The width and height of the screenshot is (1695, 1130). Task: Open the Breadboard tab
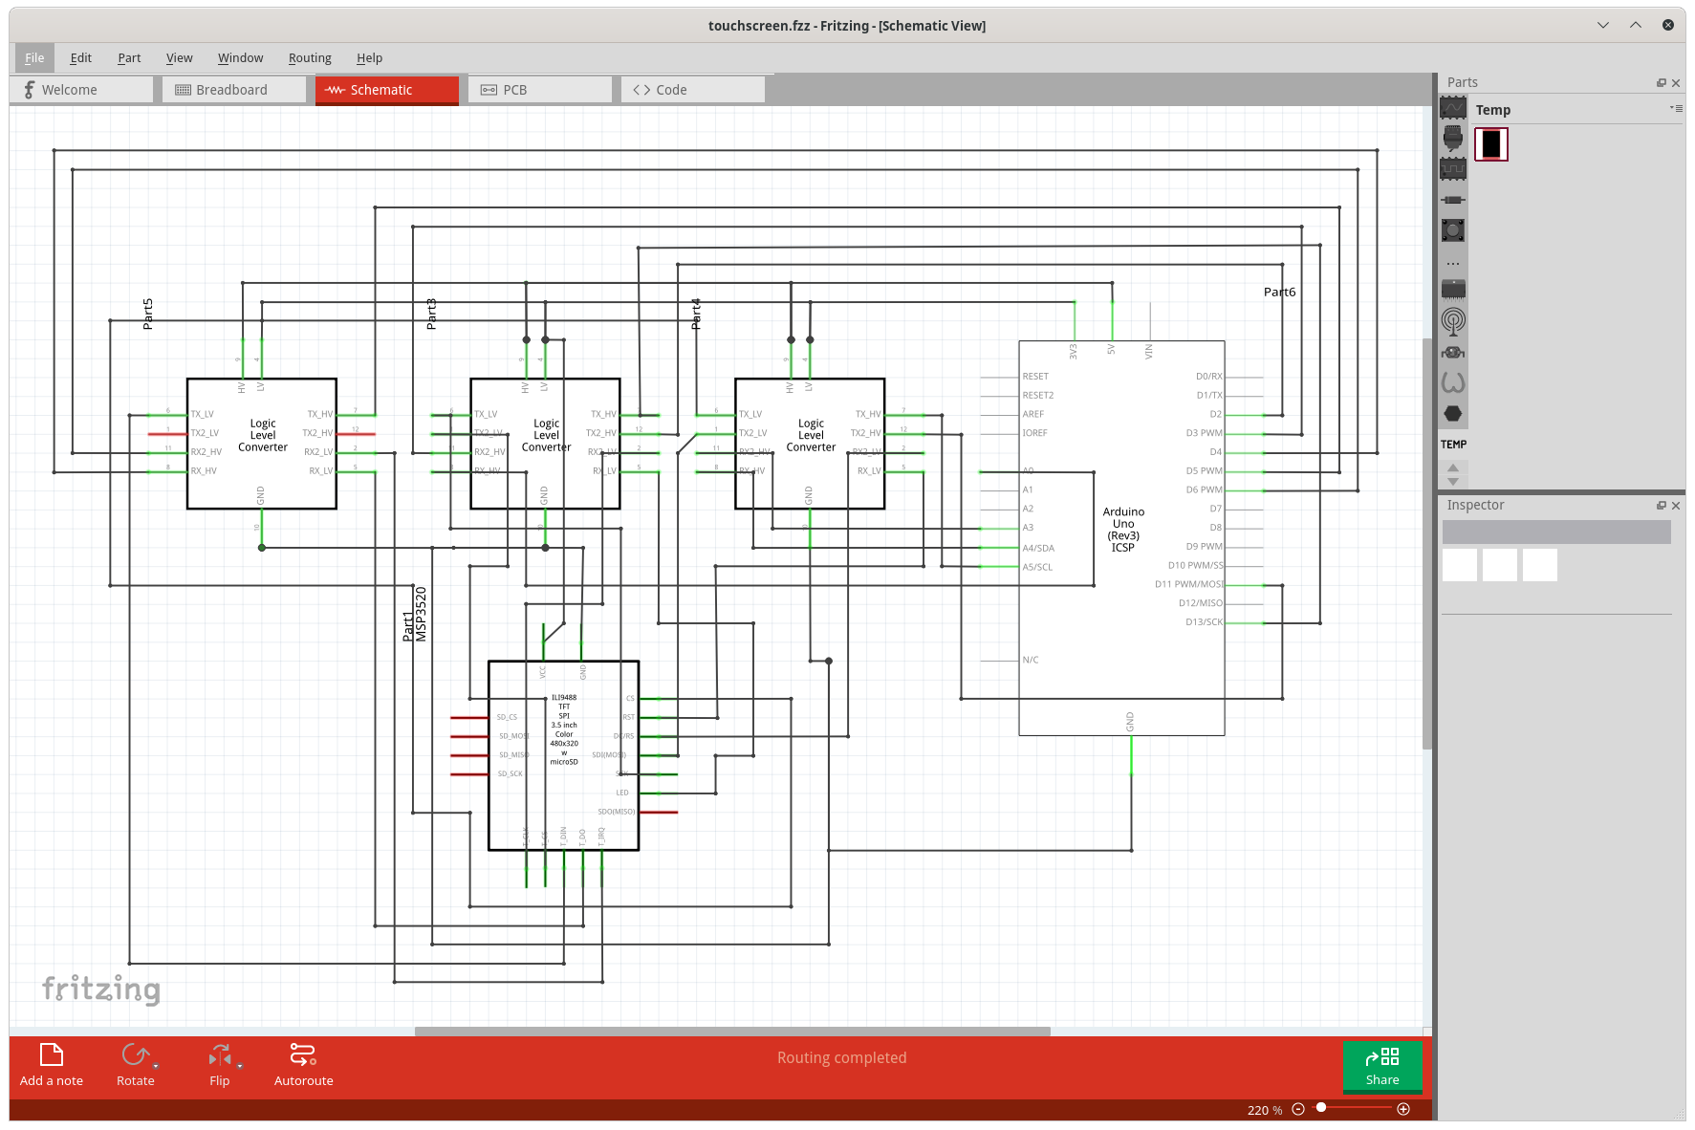point(232,90)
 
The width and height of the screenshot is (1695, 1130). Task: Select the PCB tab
point(514,90)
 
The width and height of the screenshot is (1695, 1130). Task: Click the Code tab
point(670,90)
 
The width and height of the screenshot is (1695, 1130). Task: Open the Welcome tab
point(69,90)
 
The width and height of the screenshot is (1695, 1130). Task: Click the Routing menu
point(310,58)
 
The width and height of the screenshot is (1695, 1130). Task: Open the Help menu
point(369,58)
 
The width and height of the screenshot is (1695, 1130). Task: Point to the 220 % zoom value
point(1264,1110)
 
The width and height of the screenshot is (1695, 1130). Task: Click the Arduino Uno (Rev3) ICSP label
point(1123,530)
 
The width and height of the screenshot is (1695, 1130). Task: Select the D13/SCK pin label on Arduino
point(1204,622)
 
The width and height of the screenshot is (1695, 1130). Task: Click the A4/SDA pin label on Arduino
point(1038,549)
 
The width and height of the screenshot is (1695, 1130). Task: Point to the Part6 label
point(1279,293)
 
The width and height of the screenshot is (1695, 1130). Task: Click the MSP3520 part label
point(422,614)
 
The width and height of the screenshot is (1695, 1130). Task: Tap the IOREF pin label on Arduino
point(1034,433)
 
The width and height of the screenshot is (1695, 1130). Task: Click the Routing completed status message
point(841,1057)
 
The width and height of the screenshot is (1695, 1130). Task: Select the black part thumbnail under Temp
point(1490,144)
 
